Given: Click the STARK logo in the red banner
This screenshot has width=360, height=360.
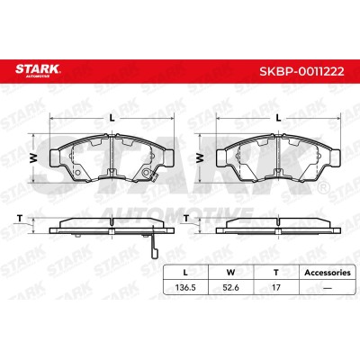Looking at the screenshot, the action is [38, 70].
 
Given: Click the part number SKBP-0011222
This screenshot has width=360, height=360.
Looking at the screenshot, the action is [301, 71].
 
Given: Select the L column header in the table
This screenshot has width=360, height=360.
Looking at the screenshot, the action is [185, 273].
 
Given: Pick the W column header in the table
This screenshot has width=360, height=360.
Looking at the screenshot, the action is [230, 273].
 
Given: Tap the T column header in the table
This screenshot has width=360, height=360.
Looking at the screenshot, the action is [276, 273].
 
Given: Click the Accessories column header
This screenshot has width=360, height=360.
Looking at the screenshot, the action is [328, 273].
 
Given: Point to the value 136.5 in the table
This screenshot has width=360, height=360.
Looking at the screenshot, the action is [185, 287].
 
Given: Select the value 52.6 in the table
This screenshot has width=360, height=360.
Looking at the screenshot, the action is [231, 287].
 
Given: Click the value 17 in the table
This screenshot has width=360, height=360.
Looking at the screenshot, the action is [276, 287].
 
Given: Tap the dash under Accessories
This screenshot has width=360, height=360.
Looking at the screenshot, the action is [327, 288].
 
